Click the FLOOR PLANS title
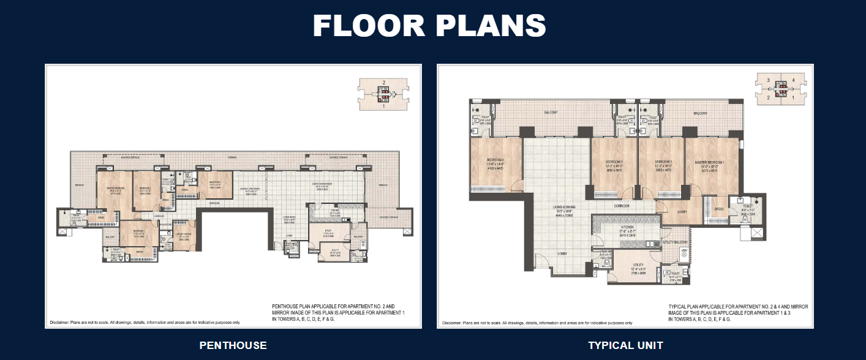click(429, 26)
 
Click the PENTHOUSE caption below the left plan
click(233, 345)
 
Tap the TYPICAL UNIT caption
click(625, 345)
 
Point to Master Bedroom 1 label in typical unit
click(709, 162)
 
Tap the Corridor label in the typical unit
click(625, 206)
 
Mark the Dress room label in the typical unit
click(719, 209)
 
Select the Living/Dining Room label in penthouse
click(321, 184)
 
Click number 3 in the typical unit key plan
click(767, 80)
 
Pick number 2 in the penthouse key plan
click(383, 82)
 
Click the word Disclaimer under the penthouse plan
click(59, 322)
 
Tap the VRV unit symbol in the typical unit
click(683, 252)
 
